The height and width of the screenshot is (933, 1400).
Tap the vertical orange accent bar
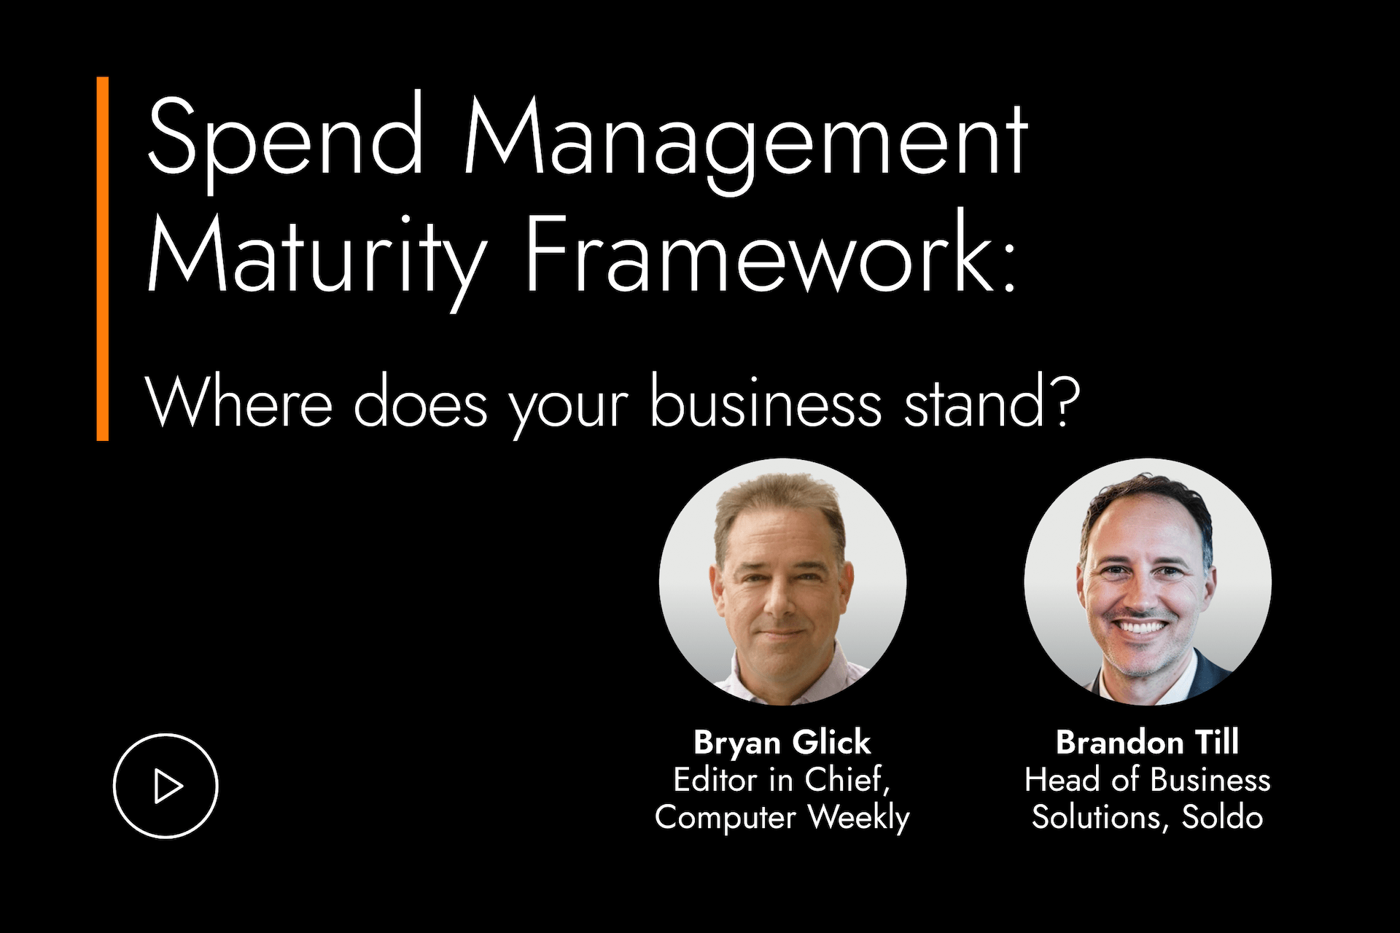[x=103, y=259]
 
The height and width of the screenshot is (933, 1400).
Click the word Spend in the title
[x=285, y=138]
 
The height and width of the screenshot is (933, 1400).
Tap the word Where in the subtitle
[x=239, y=402]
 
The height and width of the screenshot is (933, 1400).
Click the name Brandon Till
[x=1147, y=743]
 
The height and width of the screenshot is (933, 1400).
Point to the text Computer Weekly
[x=782, y=818]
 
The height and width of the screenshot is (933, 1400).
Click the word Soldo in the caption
[x=1222, y=817]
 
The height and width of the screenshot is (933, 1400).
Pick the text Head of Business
[x=1147, y=780]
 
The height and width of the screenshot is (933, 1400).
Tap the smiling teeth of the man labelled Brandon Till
[x=1142, y=627]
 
